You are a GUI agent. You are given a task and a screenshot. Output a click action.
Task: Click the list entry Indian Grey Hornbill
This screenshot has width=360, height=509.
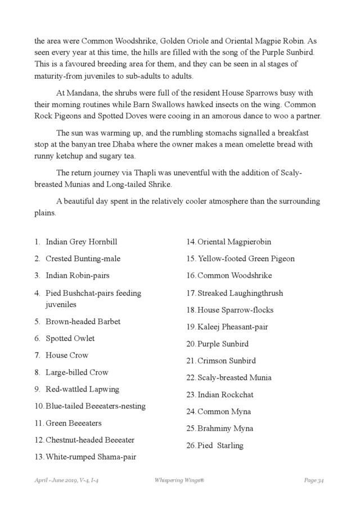tap(81, 242)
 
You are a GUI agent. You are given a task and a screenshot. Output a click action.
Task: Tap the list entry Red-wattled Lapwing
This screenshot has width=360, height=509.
tap(82, 389)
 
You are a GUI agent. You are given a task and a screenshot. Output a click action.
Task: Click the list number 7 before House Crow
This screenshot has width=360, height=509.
tap(37, 355)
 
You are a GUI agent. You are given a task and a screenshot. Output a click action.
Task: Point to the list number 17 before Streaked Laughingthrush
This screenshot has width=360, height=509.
tap(191, 293)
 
